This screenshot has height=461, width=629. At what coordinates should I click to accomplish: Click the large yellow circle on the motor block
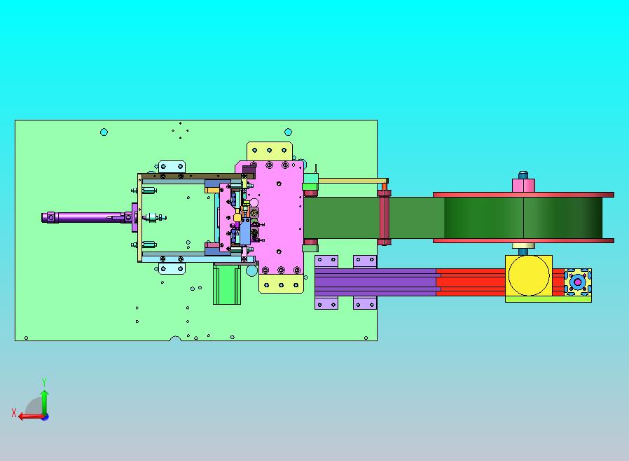(x=529, y=275)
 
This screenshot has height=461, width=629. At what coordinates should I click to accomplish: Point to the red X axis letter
(x=14, y=413)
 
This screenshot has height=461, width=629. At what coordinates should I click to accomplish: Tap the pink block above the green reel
(x=523, y=186)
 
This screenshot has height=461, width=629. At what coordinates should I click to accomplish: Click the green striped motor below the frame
(x=227, y=284)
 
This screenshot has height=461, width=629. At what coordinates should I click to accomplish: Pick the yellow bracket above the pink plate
(x=270, y=151)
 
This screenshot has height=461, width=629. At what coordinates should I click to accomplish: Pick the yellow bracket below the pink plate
(x=281, y=284)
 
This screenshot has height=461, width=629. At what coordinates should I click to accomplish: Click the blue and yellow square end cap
(x=578, y=282)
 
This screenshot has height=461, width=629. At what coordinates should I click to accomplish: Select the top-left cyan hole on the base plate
(x=104, y=132)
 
